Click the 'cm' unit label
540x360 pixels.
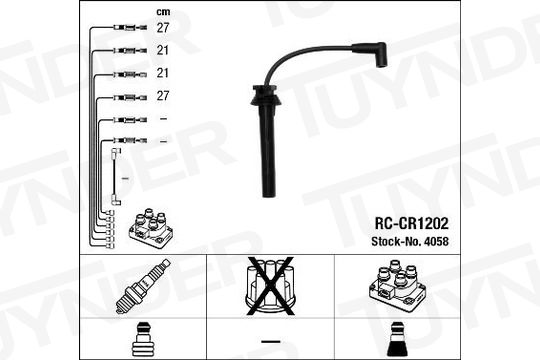163,12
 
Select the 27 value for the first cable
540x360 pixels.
163,28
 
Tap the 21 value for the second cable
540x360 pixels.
163,51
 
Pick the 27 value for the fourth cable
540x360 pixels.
163,96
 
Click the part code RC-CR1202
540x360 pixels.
412,223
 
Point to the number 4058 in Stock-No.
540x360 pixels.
436,241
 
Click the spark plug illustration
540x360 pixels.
143,287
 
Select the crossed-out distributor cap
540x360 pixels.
270,286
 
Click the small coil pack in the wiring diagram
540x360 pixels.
151,228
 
